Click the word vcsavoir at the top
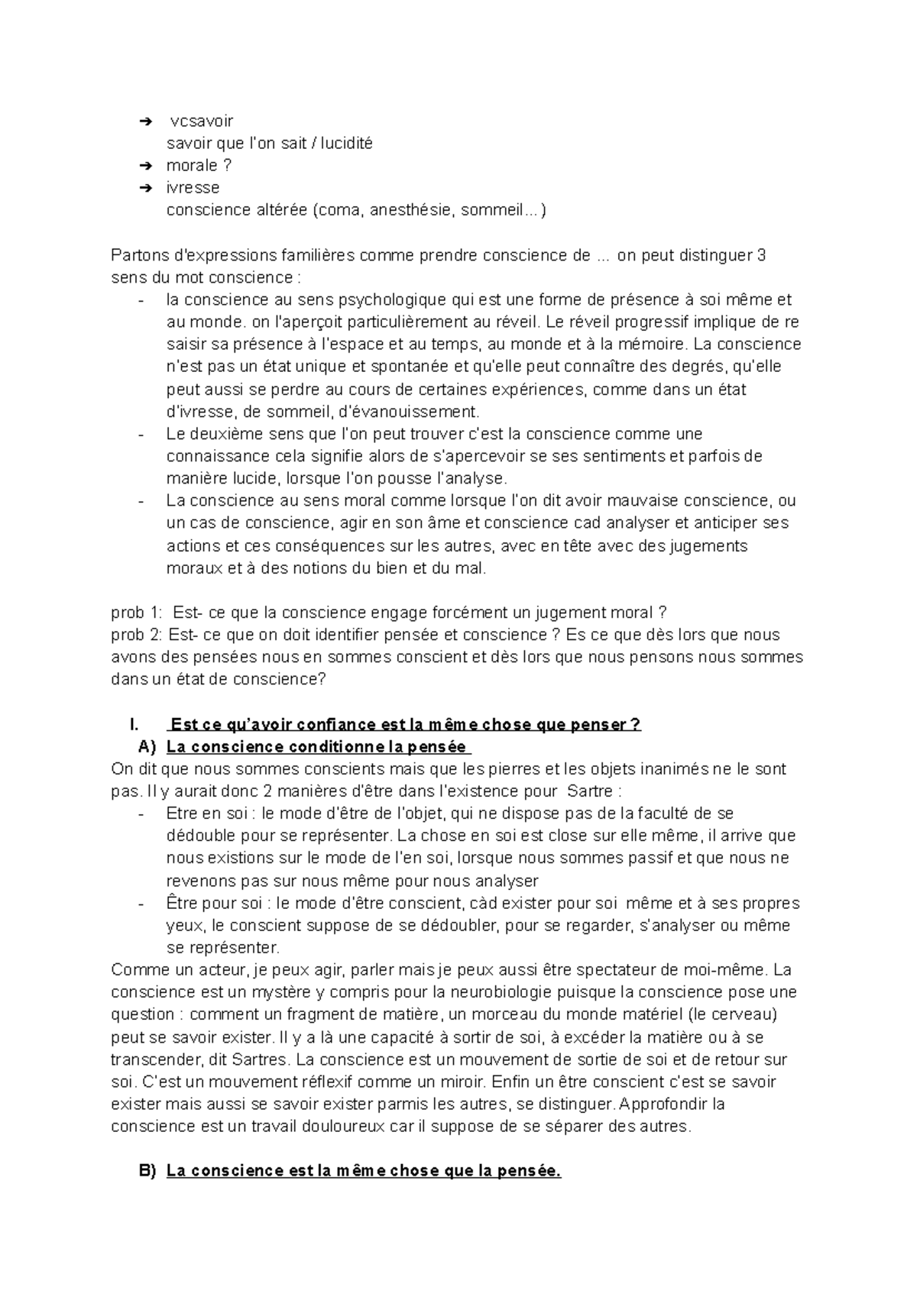click(x=202, y=121)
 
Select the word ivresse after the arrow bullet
click(x=193, y=188)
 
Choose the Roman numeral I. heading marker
click(x=135, y=725)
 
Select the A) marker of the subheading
click(x=147, y=747)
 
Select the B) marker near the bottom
click(x=147, y=1172)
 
